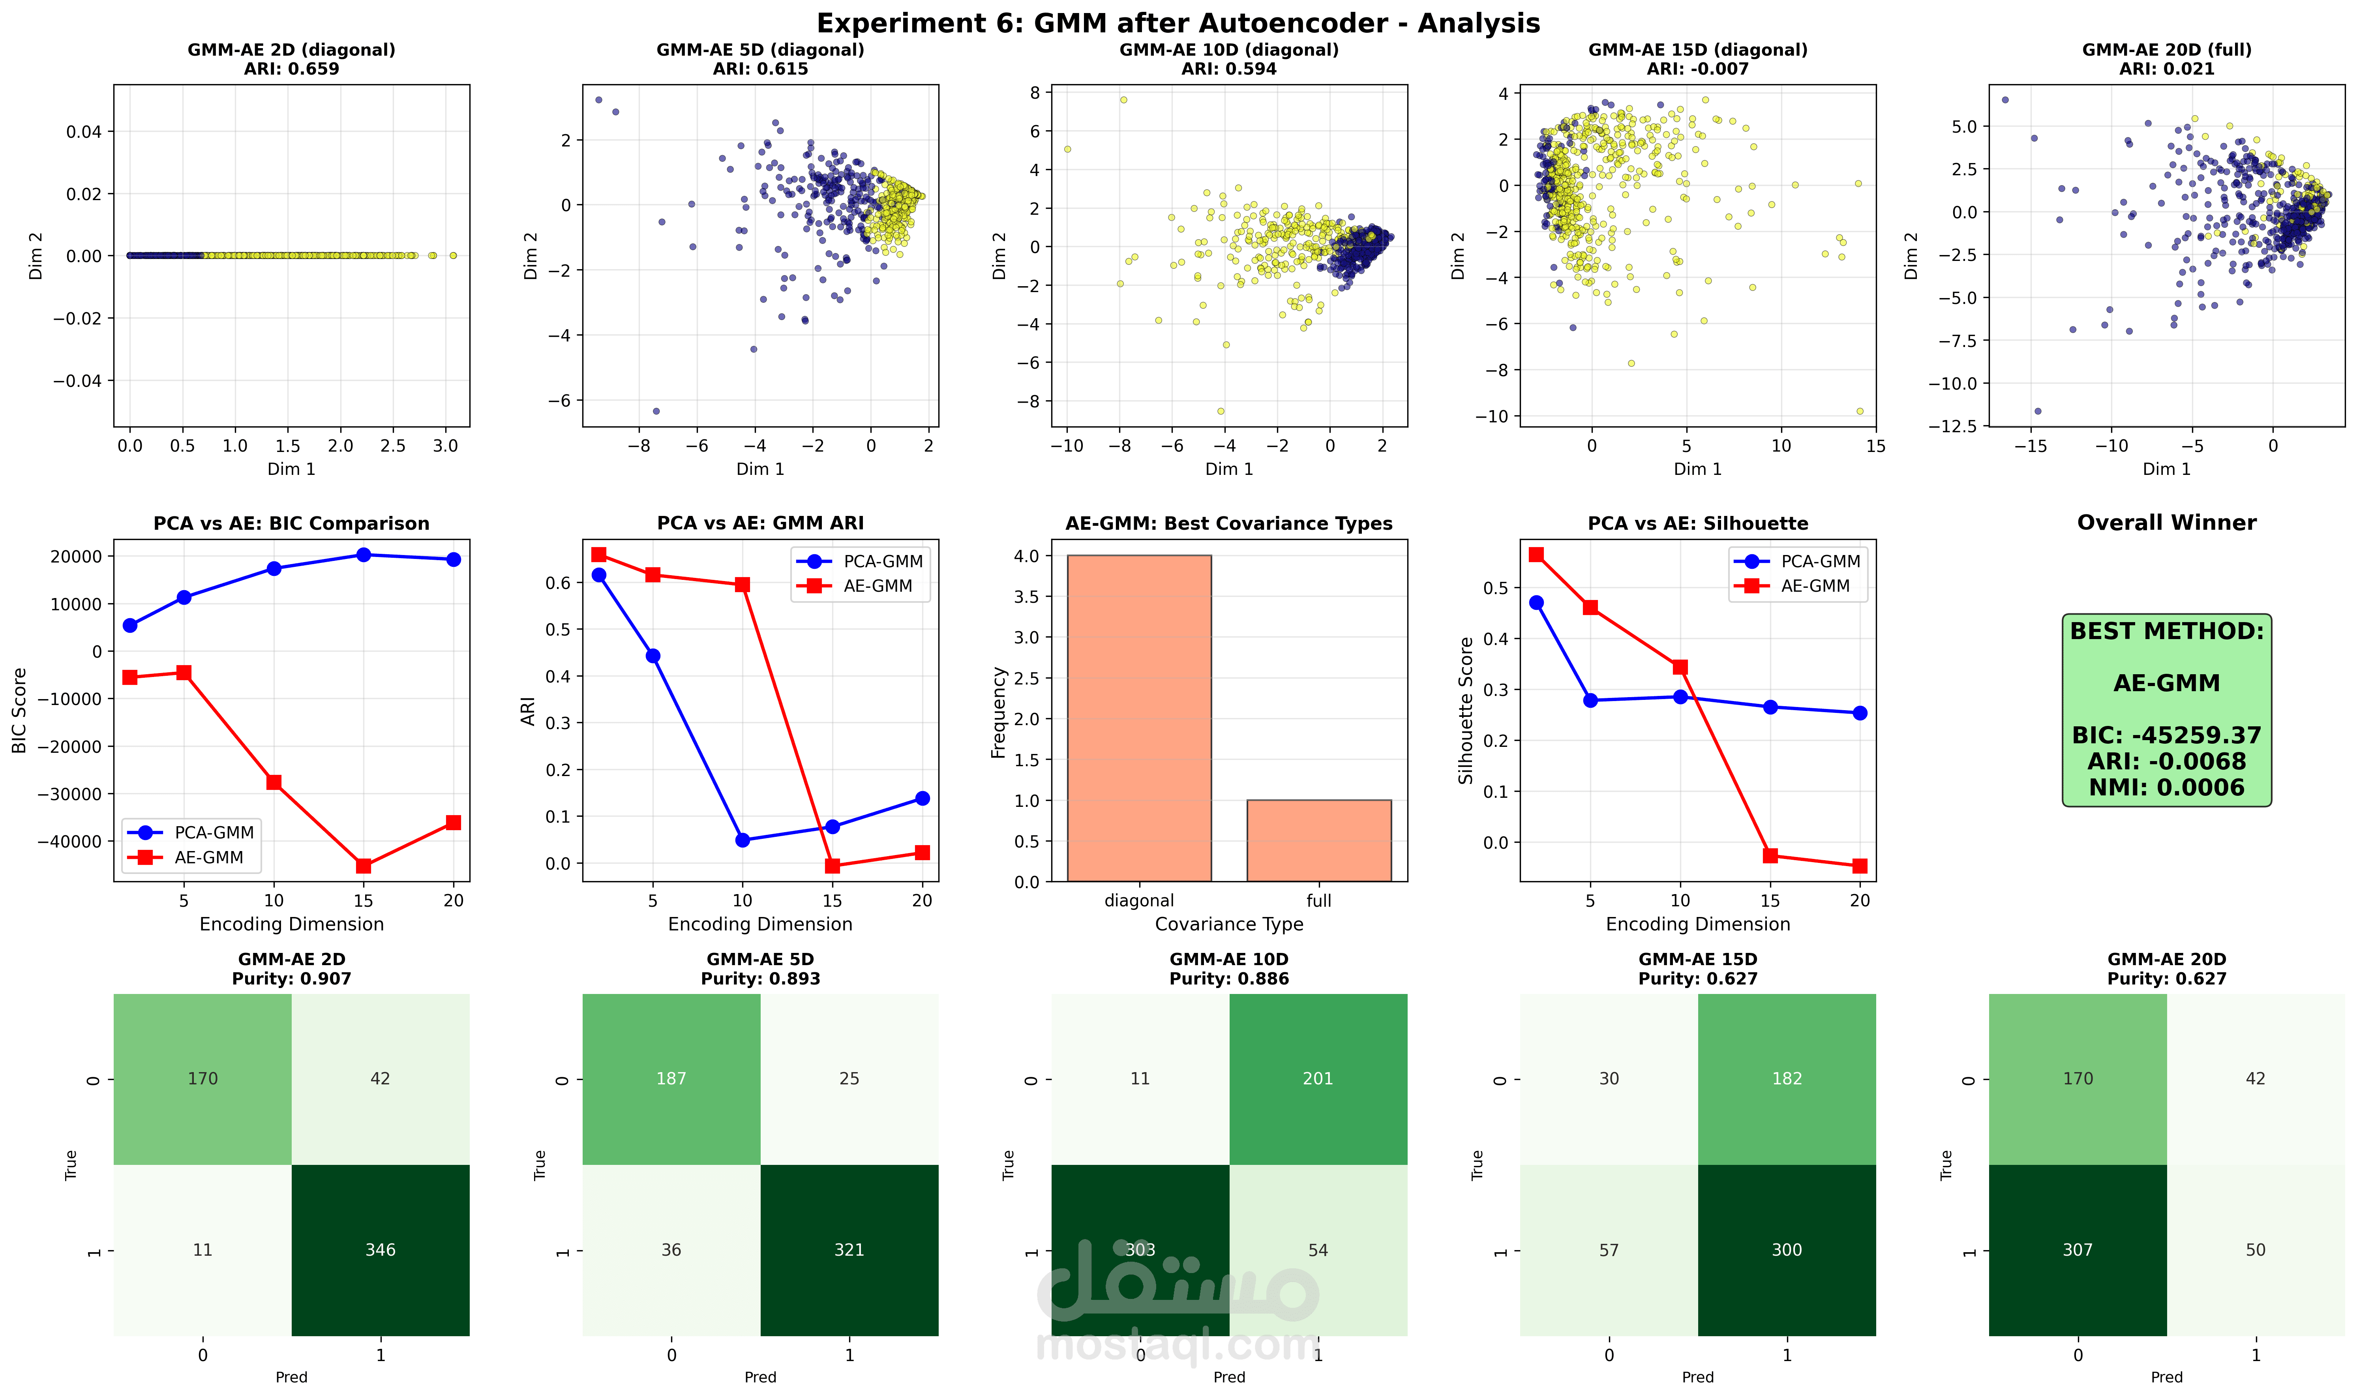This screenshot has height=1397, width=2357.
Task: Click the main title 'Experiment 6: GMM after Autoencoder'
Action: point(1178,24)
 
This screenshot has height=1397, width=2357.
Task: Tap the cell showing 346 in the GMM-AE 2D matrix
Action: point(380,1250)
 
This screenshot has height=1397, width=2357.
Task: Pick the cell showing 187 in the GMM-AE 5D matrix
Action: point(671,1079)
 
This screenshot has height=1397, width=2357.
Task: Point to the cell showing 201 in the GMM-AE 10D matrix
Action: point(1318,1079)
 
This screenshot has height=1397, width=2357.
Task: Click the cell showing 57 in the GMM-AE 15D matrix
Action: point(1609,1250)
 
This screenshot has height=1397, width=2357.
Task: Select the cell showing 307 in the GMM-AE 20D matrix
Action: point(2078,1250)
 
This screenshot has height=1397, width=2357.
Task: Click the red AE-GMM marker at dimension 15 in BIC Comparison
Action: point(363,866)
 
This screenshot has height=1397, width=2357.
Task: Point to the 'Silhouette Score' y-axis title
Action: point(1466,711)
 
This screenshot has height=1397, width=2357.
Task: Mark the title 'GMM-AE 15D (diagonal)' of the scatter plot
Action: point(1697,50)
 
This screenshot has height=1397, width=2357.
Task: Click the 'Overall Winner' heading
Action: point(2166,523)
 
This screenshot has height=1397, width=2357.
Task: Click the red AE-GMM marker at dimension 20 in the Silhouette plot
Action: point(1859,866)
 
